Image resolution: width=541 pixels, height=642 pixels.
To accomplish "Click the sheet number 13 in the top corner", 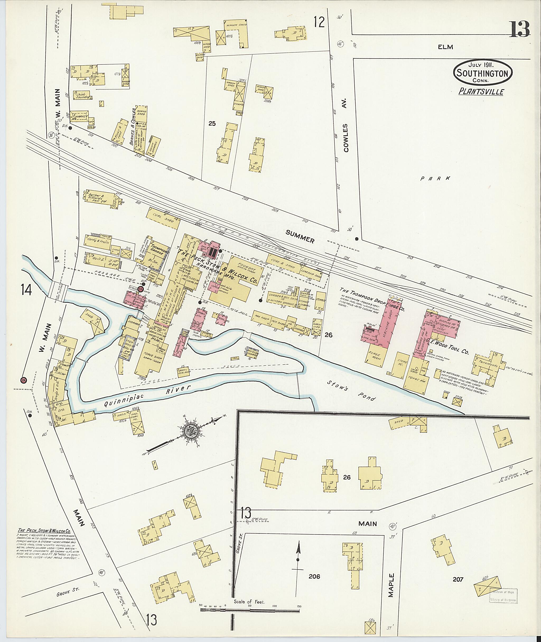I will tap(520, 29).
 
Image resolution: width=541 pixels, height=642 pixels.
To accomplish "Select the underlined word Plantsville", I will tap(481, 92).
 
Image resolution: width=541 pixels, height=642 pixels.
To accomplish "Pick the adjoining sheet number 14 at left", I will tap(26, 289).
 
